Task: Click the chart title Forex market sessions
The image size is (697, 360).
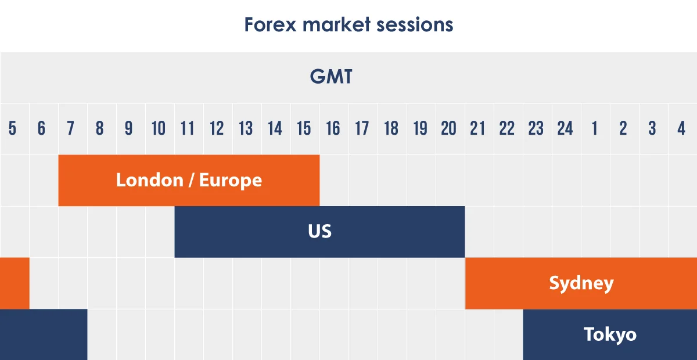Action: click(348, 25)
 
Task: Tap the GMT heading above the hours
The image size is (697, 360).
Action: click(331, 77)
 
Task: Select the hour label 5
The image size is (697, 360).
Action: click(13, 128)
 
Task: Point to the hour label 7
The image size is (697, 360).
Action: click(70, 128)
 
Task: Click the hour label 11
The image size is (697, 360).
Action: click(187, 128)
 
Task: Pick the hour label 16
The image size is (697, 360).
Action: click(333, 128)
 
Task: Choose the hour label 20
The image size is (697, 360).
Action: click(448, 128)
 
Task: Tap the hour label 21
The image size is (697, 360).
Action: click(477, 128)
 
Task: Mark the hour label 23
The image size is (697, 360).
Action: click(536, 128)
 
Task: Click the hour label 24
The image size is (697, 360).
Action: click(565, 128)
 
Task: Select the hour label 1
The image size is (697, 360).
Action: click(594, 128)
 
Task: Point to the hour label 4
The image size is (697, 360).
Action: click(681, 128)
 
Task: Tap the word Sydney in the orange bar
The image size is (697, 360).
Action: click(581, 284)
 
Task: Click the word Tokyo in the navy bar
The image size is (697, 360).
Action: click(609, 334)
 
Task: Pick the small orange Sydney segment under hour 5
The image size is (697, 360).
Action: click(15, 283)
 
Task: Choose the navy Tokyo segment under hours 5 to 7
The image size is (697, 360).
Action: click(44, 334)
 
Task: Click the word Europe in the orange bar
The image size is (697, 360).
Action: click(230, 180)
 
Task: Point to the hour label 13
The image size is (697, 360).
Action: click(245, 128)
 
